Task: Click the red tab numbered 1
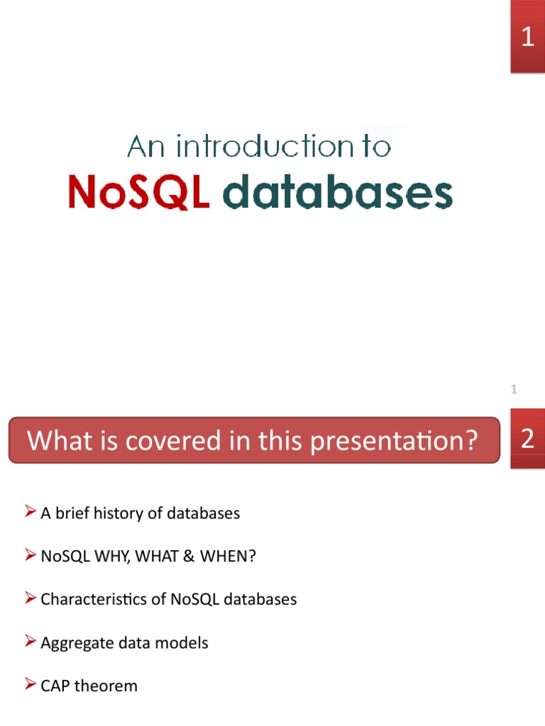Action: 527,37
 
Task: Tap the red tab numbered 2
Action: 527,440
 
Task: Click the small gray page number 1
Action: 514,389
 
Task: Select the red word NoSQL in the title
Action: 138,193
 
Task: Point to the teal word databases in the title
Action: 337,193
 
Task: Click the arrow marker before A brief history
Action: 30,512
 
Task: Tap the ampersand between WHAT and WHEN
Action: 188,557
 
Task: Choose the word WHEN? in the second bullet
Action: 227,557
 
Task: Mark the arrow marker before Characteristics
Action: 30,598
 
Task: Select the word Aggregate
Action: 75,643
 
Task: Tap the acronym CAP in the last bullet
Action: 55,686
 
